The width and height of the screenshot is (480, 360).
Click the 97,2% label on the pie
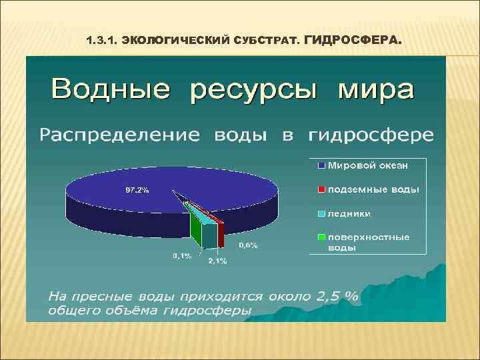(x=138, y=190)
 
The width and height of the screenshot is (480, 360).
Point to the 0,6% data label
(x=249, y=245)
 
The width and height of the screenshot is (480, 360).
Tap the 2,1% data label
(x=217, y=261)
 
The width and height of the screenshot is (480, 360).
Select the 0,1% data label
(x=182, y=255)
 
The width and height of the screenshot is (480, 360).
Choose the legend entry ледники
(x=349, y=213)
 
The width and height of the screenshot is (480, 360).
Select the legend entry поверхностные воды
(x=368, y=242)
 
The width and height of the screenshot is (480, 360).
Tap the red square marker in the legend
(x=321, y=189)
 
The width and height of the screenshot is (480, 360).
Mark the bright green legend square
(x=321, y=237)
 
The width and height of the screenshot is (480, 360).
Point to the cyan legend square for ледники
(x=321, y=213)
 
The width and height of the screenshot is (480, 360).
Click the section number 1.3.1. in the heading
(x=102, y=41)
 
